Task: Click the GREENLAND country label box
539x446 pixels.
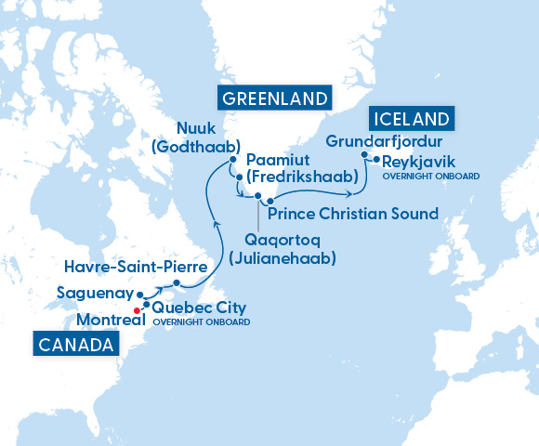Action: click(274, 98)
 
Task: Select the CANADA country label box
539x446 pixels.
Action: click(77, 345)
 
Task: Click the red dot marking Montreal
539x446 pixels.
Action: click(138, 310)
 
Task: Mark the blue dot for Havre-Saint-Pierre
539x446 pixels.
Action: click(177, 283)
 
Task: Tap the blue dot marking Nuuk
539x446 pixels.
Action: click(232, 160)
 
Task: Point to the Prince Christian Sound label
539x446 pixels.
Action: click(352, 214)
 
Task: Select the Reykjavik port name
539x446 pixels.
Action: click(420, 161)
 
